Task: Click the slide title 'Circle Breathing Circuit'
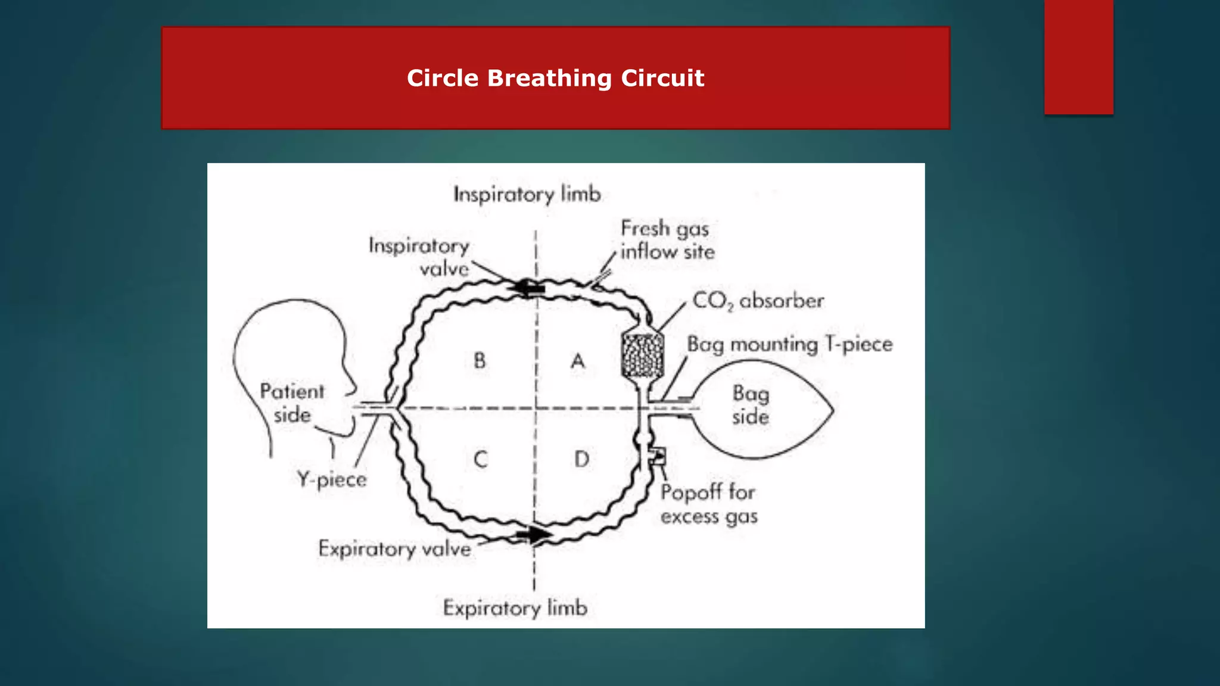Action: (555, 78)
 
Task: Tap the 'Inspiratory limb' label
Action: (527, 194)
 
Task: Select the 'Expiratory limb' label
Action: (515, 608)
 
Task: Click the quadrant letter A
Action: (578, 361)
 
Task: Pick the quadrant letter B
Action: (480, 360)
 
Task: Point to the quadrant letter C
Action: (481, 459)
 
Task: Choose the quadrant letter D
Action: (582, 459)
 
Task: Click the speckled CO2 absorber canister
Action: (642, 355)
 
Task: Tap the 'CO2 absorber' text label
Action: (758, 301)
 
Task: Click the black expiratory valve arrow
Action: (536, 534)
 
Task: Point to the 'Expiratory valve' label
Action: (394, 548)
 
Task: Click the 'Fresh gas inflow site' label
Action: (667, 239)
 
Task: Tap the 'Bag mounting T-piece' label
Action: (790, 344)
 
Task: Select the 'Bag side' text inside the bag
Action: (751, 405)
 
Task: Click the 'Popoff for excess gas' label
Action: (709, 504)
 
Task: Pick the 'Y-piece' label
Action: (332, 479)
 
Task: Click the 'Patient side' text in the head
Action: (292, 403)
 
